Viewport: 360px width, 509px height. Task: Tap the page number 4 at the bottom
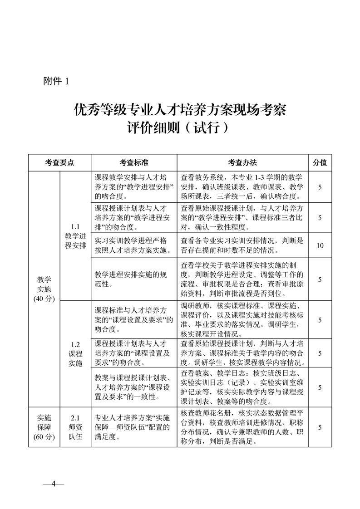(x=53, y=483)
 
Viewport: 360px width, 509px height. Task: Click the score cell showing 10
(x=320, y=245)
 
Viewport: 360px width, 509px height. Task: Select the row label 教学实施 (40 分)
(x=44, y=289)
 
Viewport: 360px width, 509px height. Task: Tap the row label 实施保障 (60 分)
(x=44, y=427)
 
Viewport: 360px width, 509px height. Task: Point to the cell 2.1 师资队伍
(x=75, y=427)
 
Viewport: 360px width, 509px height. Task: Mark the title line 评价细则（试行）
(x=180, y=128)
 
